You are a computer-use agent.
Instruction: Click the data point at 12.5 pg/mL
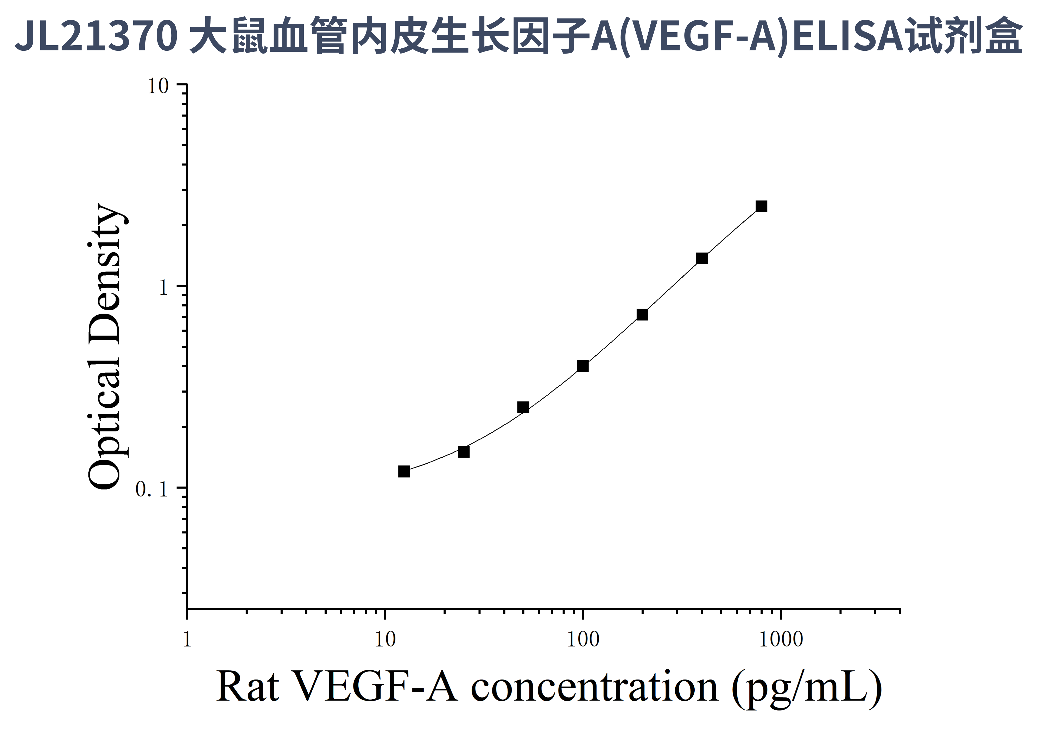[404, 472]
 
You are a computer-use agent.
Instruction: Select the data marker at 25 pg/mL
[463, 452]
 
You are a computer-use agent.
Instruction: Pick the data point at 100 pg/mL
[582, 366]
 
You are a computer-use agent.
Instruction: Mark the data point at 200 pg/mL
[642, 315]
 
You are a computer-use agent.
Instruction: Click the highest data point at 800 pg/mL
[761, 207]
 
